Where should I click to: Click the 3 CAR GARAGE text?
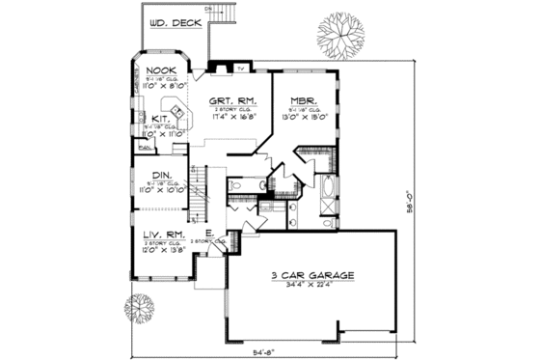(310, 275)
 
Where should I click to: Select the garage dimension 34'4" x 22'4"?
(310, 286)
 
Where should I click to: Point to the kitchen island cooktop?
(176, 105)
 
